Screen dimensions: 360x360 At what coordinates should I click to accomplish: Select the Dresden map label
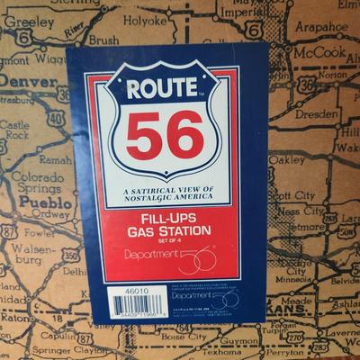coord(316,114)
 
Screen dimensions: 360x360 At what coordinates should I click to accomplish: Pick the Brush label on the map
coord(104,40)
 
